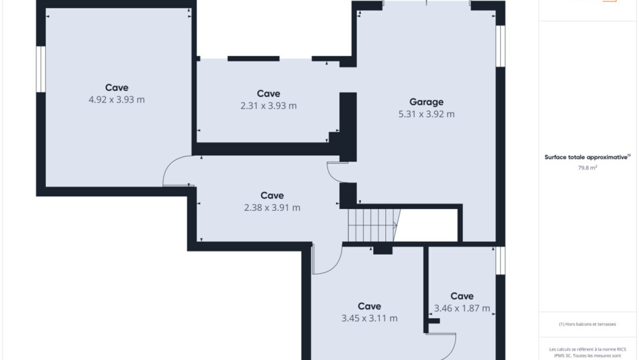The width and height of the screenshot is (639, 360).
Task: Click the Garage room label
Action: click(x=426, y=102)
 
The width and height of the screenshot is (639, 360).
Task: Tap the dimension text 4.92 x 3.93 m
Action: click(x=116, y=100)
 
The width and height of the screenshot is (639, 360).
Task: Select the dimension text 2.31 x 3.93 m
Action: click(x=269, y=106)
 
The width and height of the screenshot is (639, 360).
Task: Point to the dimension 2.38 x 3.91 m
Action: click(x=272, y=208)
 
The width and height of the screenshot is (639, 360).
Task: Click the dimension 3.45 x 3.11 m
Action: click(x=369, y=319)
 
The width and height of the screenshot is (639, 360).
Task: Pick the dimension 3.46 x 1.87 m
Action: click(x=461, y=308)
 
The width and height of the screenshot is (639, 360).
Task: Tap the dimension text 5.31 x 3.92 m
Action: click(x=426, y=114)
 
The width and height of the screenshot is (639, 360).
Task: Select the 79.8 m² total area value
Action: click(x=587, y=168)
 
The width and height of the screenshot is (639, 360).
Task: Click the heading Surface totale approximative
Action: click(x=587, y=157)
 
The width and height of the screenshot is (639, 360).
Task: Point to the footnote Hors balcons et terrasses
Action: click(x=587, y=324)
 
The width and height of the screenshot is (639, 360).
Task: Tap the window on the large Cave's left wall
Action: click(x=41, y=69)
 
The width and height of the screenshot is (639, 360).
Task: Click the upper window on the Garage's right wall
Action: click(x=500, y=46)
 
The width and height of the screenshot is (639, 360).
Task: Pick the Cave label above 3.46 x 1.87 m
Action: click(x=461, y=296)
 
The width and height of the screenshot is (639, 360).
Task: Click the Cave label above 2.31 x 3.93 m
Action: click(x=269, y=94)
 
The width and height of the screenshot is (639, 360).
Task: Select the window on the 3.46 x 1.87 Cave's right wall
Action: click(x=500, y=261)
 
